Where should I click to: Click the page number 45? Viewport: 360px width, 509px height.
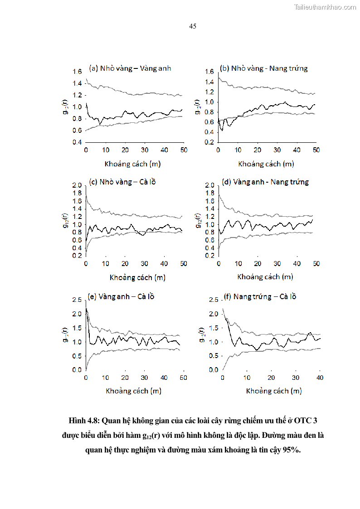point(192,26)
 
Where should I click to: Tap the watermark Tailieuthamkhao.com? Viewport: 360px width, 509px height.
point(325,7)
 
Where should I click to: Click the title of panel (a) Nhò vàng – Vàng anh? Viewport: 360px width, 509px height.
point(130,68)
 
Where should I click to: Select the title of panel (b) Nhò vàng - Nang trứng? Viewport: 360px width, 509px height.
point(263,68)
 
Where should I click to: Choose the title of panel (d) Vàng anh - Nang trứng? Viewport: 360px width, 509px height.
point(264,182)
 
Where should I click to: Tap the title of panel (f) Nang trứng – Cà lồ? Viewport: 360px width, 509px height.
point(260,297)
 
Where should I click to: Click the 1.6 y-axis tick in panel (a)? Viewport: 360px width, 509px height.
point(77,72)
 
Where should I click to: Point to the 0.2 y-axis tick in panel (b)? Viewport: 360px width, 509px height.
point(209,142)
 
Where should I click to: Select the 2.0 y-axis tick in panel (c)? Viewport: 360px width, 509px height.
point(77,185)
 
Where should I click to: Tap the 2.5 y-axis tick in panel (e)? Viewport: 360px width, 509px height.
point(77,300)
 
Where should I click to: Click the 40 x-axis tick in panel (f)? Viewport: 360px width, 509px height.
point(320,378)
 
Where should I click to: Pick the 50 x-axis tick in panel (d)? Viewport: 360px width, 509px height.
point(316,263)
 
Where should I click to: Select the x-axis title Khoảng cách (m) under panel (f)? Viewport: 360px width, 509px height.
point(274,390)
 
